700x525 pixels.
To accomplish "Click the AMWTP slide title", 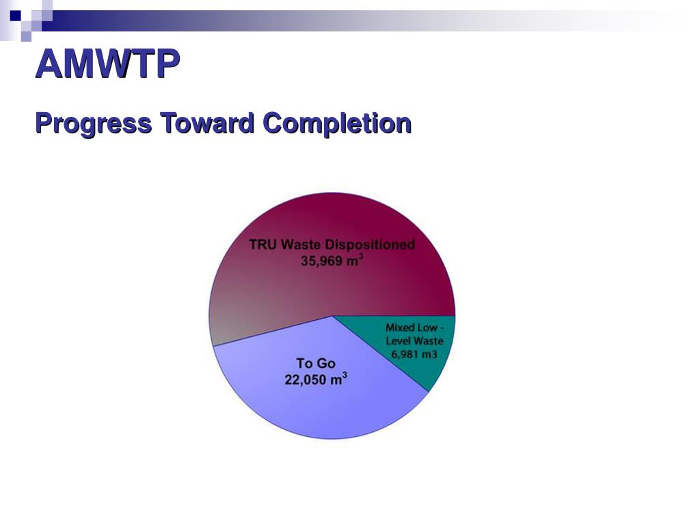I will click(x=107, y=65).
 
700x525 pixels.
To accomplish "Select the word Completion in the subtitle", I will click(x=337, y=124).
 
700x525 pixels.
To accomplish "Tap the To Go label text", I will click(x=316, y=364).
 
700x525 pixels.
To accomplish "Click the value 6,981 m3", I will click(x=414, y=354).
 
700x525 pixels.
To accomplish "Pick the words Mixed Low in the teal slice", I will click(x=411, y=328).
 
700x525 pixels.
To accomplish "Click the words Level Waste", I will click(x=414, y=341).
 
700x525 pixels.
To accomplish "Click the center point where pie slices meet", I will click(x=332, y=316).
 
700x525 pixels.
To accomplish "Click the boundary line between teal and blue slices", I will click(x=380, y=353).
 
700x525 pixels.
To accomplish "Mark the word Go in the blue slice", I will click(x=325, y=364).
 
